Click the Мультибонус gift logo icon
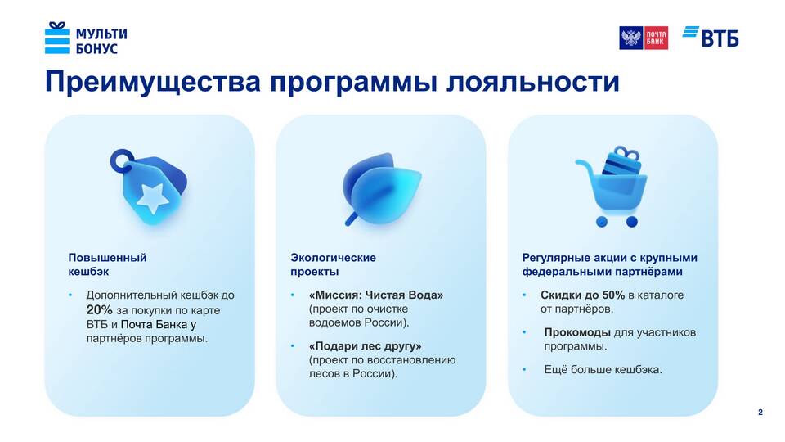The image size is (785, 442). coord(57,38)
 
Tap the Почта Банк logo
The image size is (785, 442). coord(644,38)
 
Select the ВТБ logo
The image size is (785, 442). coord(711,36)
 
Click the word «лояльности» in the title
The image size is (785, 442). coord(532,81)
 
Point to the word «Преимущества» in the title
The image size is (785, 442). coord(153,82)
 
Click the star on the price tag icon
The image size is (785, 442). coord(153,198)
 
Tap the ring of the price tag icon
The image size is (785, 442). coord(121,160)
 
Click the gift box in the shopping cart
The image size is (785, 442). coord(621,161)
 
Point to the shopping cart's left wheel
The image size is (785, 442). coord(602,222)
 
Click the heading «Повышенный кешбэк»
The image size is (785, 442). coord(107,264)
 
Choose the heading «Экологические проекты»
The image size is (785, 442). coord(333,264)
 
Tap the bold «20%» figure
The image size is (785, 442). coord(99,310)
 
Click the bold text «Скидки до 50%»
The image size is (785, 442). coord(582,295)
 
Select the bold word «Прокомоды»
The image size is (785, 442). coord(577,332)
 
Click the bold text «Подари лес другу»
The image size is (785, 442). coord(365,346)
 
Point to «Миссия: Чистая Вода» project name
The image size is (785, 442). coord(376,295)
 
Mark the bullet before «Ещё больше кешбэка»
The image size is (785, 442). coord(524,370)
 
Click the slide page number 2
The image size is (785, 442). coord(760,413)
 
